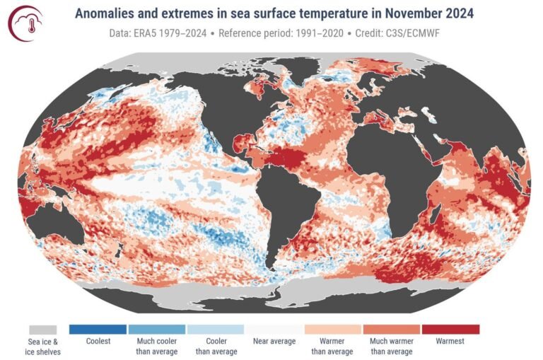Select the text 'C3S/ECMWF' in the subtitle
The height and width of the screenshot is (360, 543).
424,33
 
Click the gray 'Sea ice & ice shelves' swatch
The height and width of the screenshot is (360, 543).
43,330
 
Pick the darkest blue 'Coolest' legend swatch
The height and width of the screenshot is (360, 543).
98,330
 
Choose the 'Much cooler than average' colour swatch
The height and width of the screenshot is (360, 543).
156,330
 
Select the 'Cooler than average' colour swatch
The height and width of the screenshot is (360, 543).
215,330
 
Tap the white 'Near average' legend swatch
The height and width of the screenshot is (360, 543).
274,330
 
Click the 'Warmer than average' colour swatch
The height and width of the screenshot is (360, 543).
332,330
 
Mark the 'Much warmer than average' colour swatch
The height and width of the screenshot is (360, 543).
391,330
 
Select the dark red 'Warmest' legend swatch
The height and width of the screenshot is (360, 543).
450,330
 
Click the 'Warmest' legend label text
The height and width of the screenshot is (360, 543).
450,342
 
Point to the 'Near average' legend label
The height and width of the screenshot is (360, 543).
274,342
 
